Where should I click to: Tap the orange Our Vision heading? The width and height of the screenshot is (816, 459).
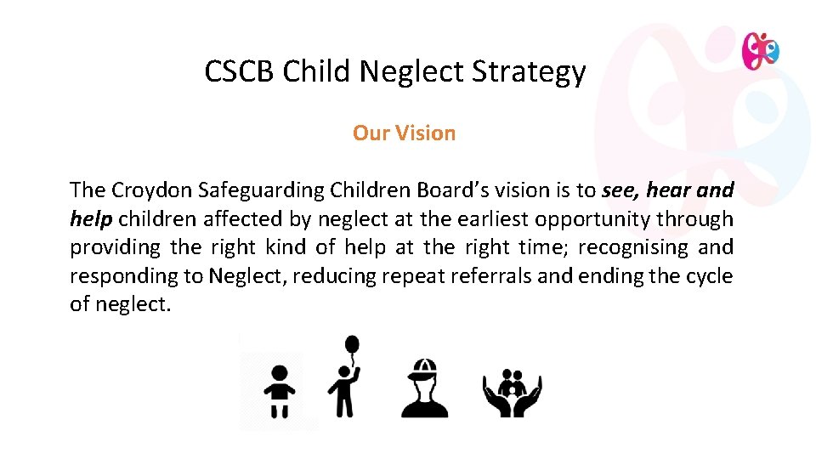pyautogui.click(x=404, y=133)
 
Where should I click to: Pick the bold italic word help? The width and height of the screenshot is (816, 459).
pyautogui.click(x=90, y=218)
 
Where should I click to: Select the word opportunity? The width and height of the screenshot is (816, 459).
pyautogui.click(x=599, y=218)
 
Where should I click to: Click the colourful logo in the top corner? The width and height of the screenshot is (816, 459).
pyautogui.click(x=760, y=51)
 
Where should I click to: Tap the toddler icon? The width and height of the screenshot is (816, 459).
pyautogui.click(x=280, y=391)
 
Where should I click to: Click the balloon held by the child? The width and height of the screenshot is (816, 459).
pyautogui.click(x=351, y=345)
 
